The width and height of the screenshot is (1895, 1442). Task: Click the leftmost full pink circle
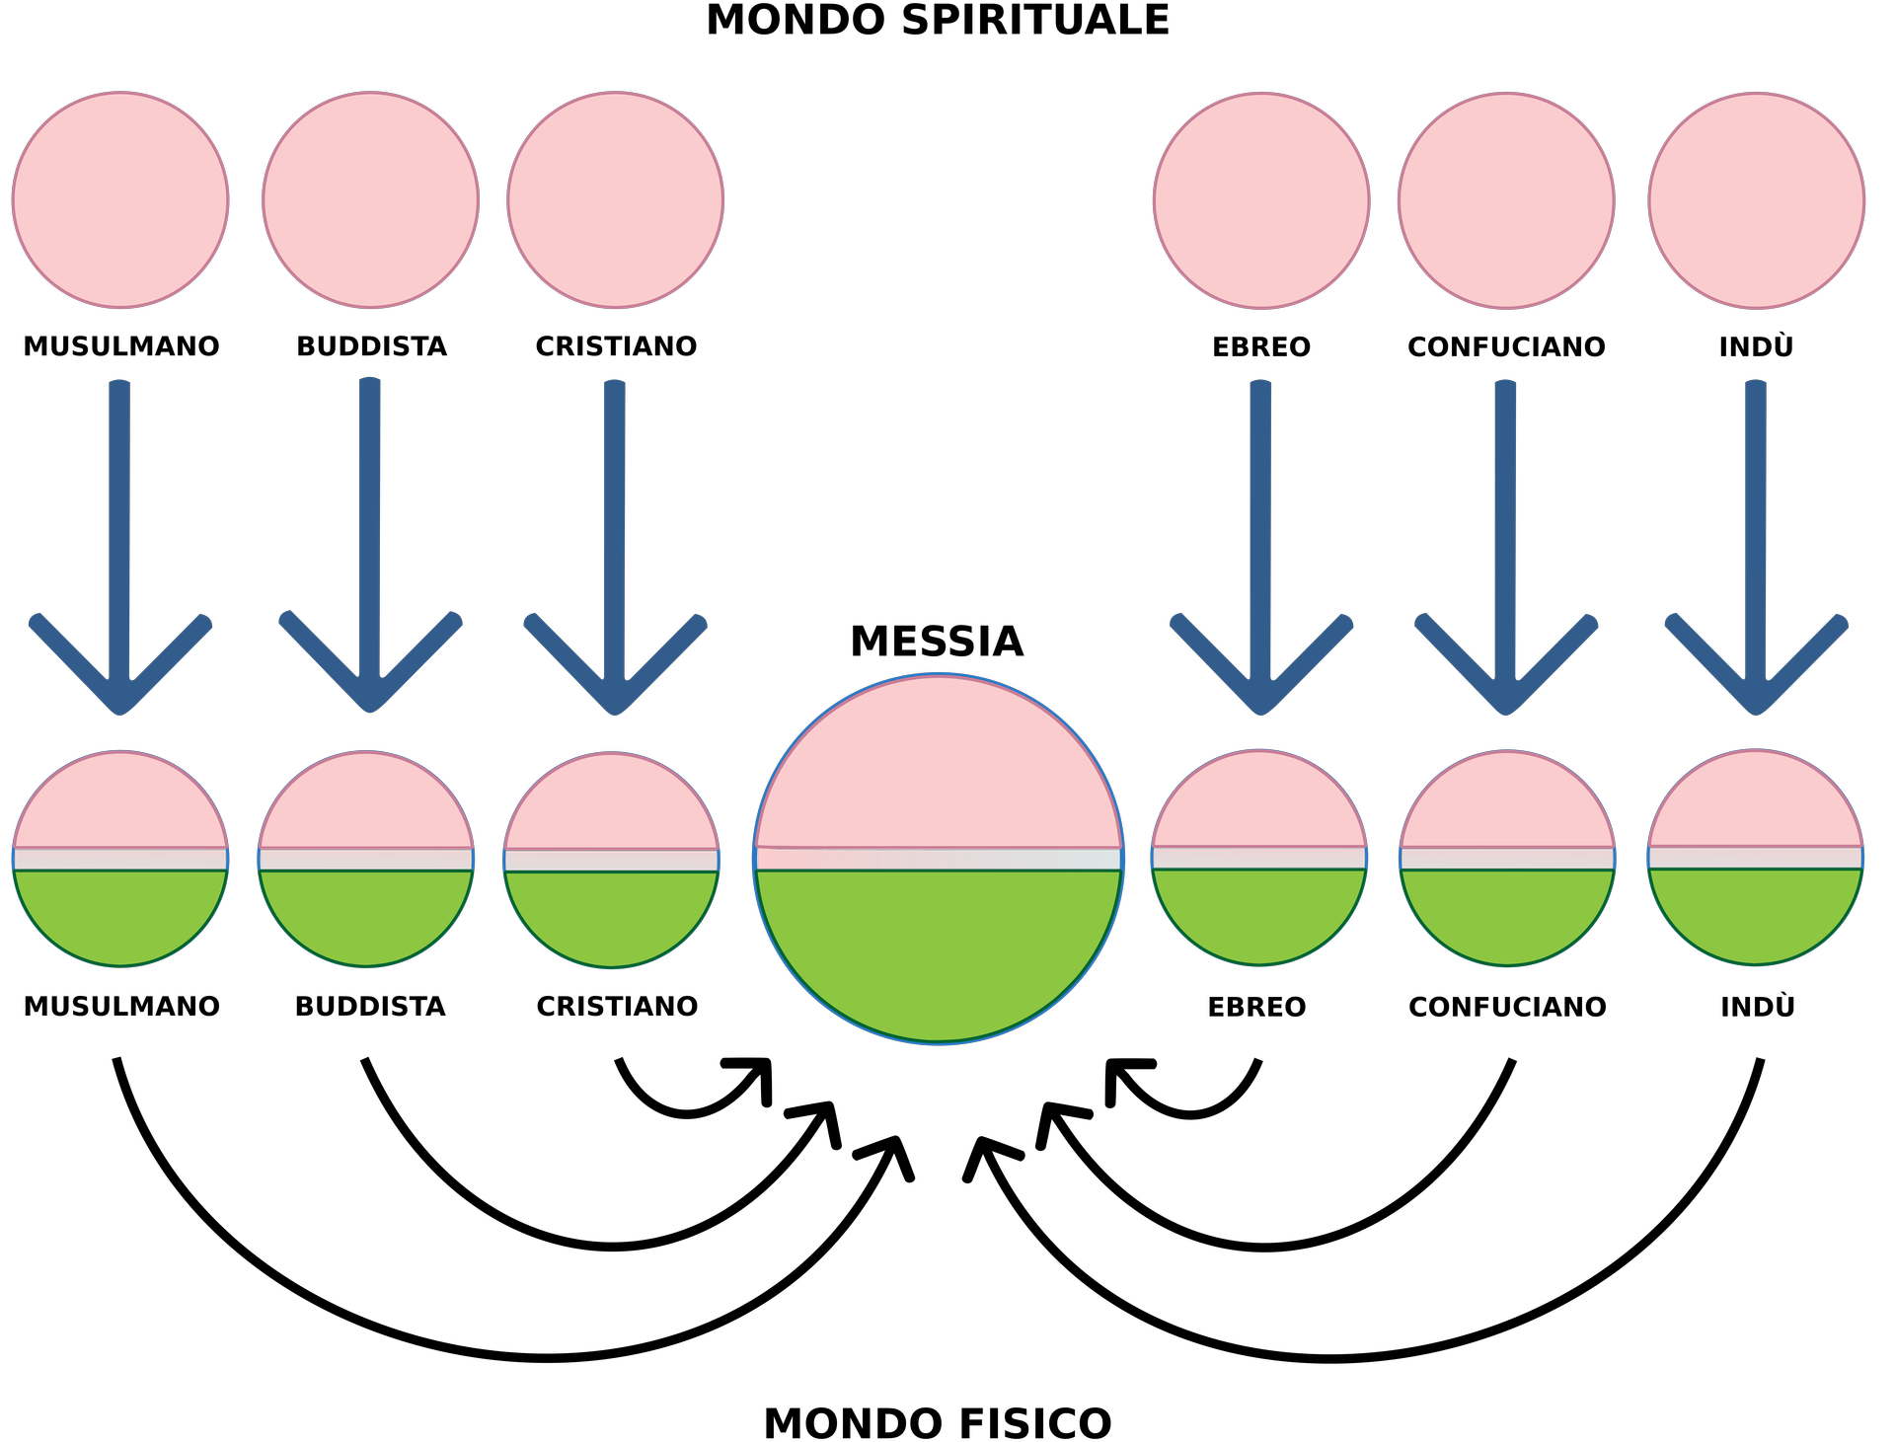point(120,200)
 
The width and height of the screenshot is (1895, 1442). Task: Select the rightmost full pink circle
point(1756,200)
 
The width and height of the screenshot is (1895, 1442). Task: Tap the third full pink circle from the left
point(615,200)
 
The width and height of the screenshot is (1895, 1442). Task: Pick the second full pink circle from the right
point(1506,200)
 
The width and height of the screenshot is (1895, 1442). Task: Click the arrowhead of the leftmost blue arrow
point(120,681)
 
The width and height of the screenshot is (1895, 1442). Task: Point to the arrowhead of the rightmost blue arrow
point(1755,681)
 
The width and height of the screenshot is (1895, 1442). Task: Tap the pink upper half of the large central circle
point(938,770)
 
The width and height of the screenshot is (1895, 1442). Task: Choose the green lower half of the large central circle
point(938,948)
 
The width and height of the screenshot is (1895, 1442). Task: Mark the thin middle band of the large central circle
point(938,860)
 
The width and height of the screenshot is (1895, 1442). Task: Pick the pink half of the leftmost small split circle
point(120,804)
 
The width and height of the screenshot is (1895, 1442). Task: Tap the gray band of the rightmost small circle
point(1755,858)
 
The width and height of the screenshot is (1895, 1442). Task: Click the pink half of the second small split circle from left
point(366,805)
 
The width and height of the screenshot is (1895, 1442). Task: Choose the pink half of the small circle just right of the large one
point(1259,803)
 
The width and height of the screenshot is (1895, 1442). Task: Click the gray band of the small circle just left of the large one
point(611,861)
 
